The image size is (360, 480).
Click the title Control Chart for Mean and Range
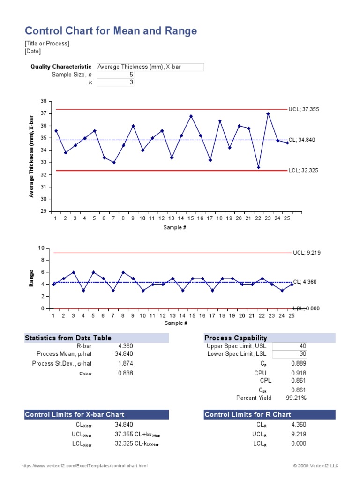(x=111, y=31)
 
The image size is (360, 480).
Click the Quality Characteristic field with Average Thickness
(x=150, y=67)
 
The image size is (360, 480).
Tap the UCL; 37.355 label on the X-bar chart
(x=304, y=109)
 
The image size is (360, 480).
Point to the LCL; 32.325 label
(x=303, y=171)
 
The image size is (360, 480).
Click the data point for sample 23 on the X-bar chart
(x=268, y=113)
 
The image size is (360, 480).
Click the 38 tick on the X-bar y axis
(x=44, y=101)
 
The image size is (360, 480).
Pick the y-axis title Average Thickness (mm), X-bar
(x=31, y=156)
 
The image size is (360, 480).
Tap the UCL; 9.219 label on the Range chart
(x=306, y=253)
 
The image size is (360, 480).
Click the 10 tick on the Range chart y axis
(x=41, y=248)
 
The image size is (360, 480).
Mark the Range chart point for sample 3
(x=74, y=272)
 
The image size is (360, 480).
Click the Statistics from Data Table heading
(x=68, y=338)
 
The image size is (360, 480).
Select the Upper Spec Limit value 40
(x=302, y=346)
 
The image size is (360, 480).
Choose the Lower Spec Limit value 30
(x=302, y=354)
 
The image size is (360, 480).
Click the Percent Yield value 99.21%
(x=296, y=398)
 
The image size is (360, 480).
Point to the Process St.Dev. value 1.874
(x=123, y=363)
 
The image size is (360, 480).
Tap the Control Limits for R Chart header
(x=247, y=414)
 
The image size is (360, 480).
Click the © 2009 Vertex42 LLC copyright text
(x=315, y=466)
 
